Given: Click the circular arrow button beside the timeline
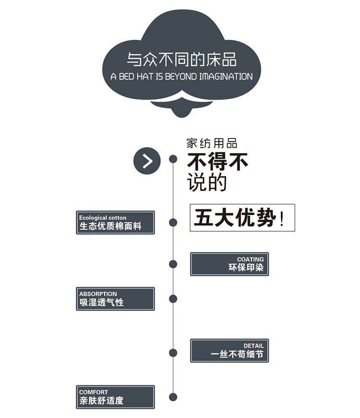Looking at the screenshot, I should [147, 161].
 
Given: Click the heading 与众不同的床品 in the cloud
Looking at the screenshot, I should [181, 60].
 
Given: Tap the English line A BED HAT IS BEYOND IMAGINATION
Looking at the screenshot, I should [181, 76].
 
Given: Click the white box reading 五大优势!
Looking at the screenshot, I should [242, 218].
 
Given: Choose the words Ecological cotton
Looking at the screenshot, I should [103, 217].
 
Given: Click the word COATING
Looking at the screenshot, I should [250, 259].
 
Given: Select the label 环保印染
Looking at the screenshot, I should [246, 268].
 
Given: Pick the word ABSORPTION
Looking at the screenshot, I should [98, 294].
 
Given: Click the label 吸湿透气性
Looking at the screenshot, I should [101, 302].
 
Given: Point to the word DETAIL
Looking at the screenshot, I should [253, 346].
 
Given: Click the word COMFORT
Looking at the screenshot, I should [94, 392].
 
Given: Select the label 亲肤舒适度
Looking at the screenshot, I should [101, 401].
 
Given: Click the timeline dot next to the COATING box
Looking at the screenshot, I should [173, 264].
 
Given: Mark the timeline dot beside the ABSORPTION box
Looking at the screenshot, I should [173, 299].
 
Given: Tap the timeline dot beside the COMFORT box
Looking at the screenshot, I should [173, 397].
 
